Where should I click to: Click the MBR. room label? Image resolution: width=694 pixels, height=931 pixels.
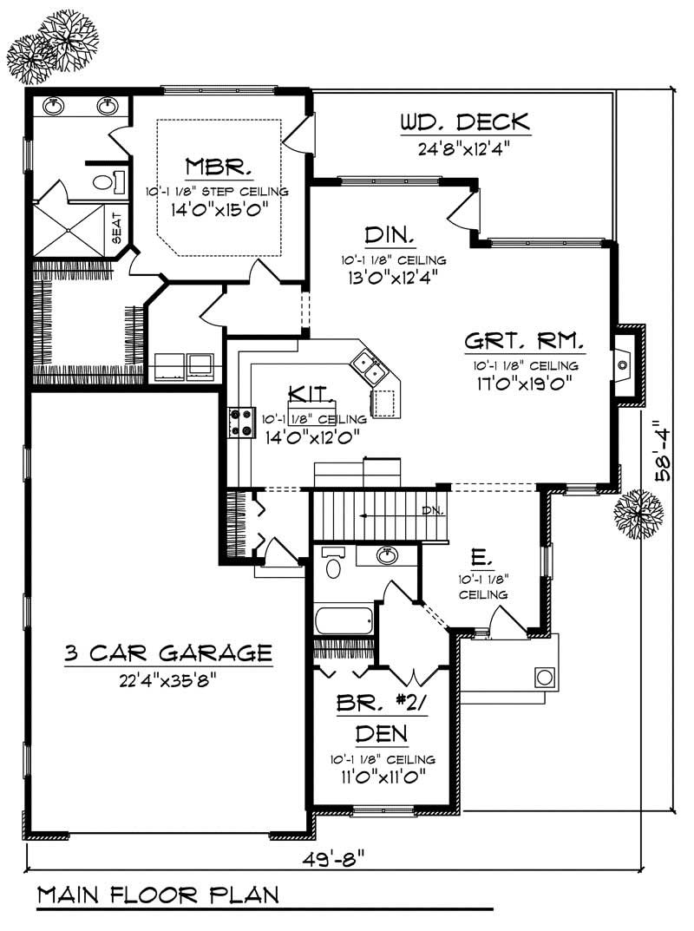pos(219,166)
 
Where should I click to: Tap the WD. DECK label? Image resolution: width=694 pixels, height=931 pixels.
pos(464,122)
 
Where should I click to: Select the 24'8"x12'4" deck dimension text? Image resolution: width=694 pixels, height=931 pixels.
pos(464,148)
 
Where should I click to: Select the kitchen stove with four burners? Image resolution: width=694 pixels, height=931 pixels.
pos(240,423)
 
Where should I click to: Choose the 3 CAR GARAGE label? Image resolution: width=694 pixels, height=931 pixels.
pos(168,652)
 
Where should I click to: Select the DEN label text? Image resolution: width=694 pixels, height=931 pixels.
pos(382,735)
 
